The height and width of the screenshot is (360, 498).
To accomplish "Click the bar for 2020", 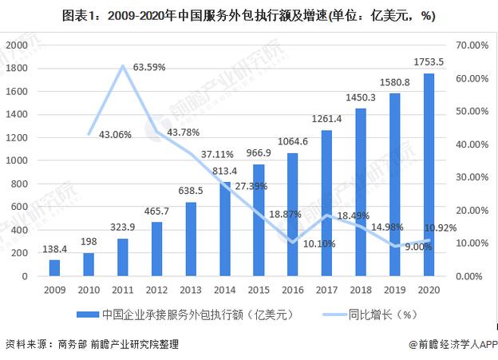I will point(429,175).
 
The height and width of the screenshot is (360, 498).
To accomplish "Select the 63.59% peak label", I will point(148,67).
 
